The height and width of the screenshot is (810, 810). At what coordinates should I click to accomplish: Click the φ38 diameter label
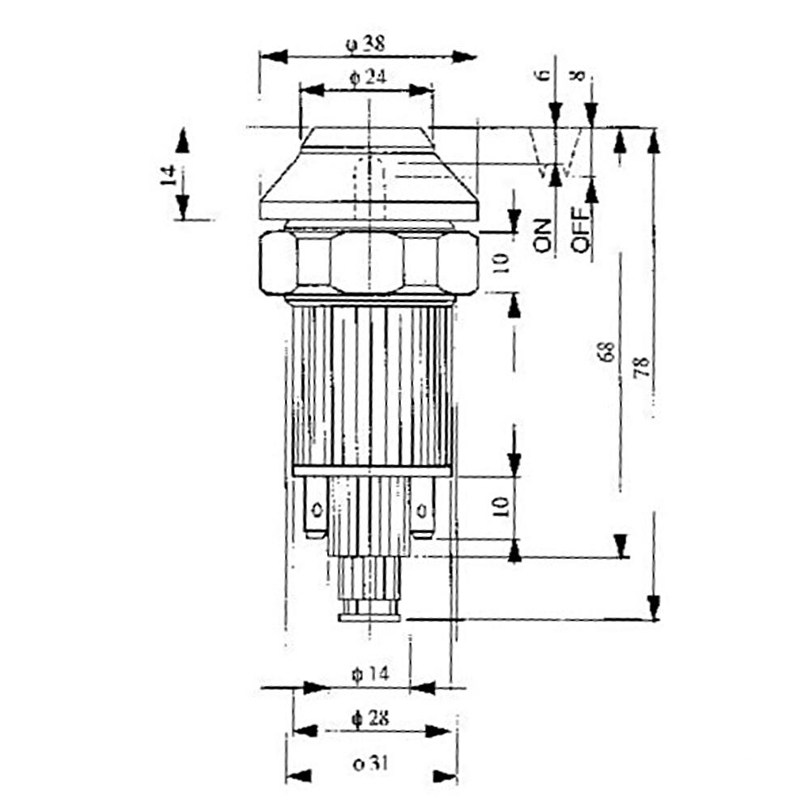point(365,44)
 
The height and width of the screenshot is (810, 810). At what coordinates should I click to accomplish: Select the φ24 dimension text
point(367,78)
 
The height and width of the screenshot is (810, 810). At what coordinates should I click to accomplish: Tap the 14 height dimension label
point(168,176)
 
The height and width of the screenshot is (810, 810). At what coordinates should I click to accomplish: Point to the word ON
point(543,236)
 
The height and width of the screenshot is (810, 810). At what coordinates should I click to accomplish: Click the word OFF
point(580,230)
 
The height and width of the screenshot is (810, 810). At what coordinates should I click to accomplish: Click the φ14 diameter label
point(369,674)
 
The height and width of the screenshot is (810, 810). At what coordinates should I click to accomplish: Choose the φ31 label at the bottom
point(370,763)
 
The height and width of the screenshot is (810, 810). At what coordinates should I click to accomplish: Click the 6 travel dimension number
point(543,75)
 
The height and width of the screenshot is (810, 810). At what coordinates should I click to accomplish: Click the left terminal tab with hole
point(316,508)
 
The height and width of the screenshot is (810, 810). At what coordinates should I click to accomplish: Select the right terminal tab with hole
point(422,508)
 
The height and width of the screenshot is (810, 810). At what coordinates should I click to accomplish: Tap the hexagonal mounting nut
point(369,263)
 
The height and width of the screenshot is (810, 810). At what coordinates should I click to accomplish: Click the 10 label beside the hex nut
point(501,262)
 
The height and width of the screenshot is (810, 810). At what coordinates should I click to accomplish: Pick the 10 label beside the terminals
point(501,507)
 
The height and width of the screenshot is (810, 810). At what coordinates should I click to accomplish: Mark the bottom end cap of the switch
point(369,617)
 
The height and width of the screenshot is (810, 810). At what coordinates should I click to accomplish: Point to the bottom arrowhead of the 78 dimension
point(654,607)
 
